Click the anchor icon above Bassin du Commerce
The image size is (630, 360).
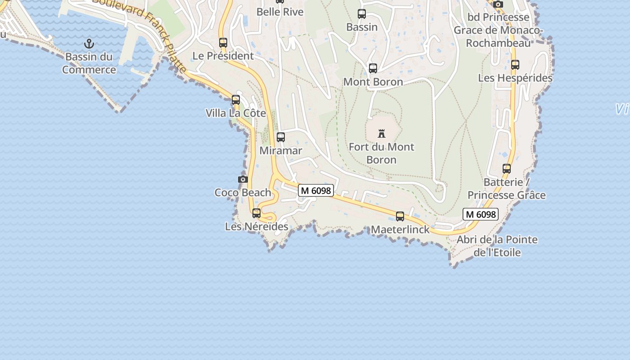[x=89, y=44]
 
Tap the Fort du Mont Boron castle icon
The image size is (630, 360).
[x=382, y=134]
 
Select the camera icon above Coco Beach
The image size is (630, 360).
[x=243, y=179]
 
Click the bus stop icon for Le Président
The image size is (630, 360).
[x=223, y=43]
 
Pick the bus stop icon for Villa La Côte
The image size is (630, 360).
[x=236, y=100]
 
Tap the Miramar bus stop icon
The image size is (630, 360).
[x=281, y=137]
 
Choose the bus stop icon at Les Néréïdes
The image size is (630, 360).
[x=256, y=213]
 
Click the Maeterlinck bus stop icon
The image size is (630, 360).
[x=400, y=216]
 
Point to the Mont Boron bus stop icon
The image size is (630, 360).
[x=373, y=68]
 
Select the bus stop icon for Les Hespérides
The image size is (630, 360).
[x=515, y=65]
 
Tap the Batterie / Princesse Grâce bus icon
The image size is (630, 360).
[x=507, y=169]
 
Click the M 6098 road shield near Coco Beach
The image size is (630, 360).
[x=316, y=191]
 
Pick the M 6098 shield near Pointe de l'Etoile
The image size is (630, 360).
[x=481, y=214]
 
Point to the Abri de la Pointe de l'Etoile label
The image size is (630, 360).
[x=497, y=246]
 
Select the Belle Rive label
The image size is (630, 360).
[x=280, y=12]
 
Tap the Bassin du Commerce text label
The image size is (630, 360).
[x=89, y=63]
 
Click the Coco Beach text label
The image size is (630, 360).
[x=243, y=193]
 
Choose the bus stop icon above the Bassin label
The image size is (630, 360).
[x=362, y=14]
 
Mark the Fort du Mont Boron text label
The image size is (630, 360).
[x=382, y=153]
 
